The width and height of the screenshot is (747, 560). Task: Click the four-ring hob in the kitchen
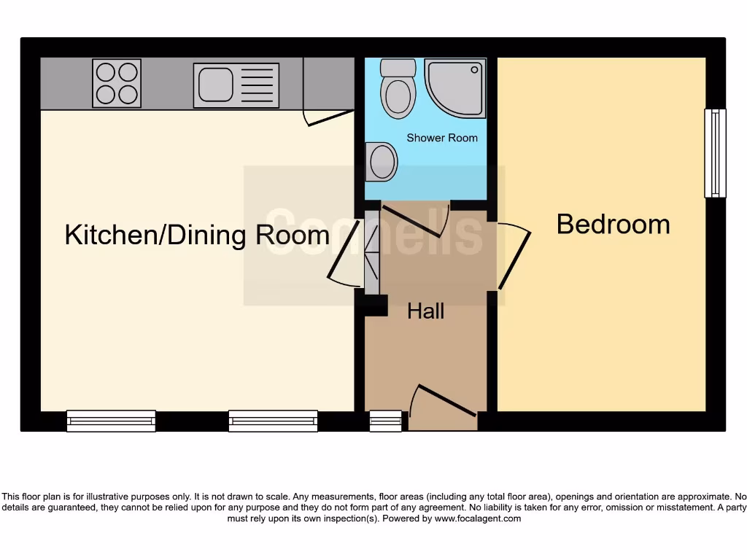(x=117, y=83)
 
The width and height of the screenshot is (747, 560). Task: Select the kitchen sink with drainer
(x=236, y=85)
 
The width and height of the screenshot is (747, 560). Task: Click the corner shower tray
(x=455, y=87)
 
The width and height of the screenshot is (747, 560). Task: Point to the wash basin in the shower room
(x=382, y=161)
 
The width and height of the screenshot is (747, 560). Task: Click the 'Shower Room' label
(x=442, y=138)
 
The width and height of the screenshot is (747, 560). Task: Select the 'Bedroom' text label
(x=613, y=224)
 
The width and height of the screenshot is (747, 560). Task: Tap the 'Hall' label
(x=425, y=311)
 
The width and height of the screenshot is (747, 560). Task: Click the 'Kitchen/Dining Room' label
(x=197, y=236)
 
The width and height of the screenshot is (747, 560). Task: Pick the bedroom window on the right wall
(x=715, y=153)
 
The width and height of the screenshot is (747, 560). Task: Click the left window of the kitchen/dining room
(x=111, y=421)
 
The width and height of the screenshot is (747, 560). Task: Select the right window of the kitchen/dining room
(x=273, y=421)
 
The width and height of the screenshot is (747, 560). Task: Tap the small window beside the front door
(x=385, y=421)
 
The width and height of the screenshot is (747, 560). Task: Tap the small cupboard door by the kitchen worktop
(x=328, y=117)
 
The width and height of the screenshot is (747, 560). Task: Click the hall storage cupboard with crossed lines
(x=372, y=252)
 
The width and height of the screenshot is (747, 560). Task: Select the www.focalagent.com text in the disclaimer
(x=478, y=518)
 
